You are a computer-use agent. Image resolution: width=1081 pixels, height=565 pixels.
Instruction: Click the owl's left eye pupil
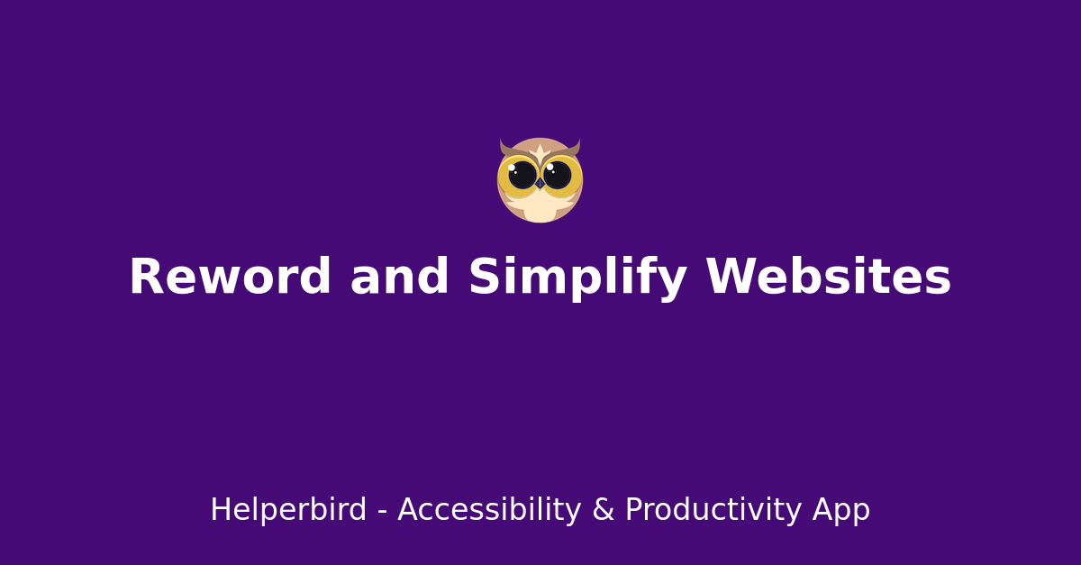522,175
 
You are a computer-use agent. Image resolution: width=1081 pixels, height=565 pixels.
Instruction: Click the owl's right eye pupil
558,175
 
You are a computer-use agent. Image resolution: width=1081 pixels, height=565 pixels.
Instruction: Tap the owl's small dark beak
540,184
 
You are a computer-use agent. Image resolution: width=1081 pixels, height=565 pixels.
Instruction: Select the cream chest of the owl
540,209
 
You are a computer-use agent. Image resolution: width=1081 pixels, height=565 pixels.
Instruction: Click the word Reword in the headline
230,278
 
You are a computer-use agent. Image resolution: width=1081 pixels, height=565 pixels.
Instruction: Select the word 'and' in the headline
399,278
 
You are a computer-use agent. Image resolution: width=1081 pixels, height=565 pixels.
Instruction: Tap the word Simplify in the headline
577,278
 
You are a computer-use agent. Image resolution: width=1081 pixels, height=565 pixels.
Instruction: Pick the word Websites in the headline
828,278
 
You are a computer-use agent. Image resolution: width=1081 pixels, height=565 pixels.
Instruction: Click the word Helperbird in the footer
288,510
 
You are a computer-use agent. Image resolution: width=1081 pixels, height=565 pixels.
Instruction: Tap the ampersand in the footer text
602,510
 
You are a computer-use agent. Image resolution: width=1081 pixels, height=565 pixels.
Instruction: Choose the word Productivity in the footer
713,510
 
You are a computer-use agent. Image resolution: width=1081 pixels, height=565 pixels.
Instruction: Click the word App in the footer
841,510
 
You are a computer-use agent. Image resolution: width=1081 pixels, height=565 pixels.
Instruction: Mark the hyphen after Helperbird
382,512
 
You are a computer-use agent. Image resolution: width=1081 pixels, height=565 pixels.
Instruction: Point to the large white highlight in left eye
512,167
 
